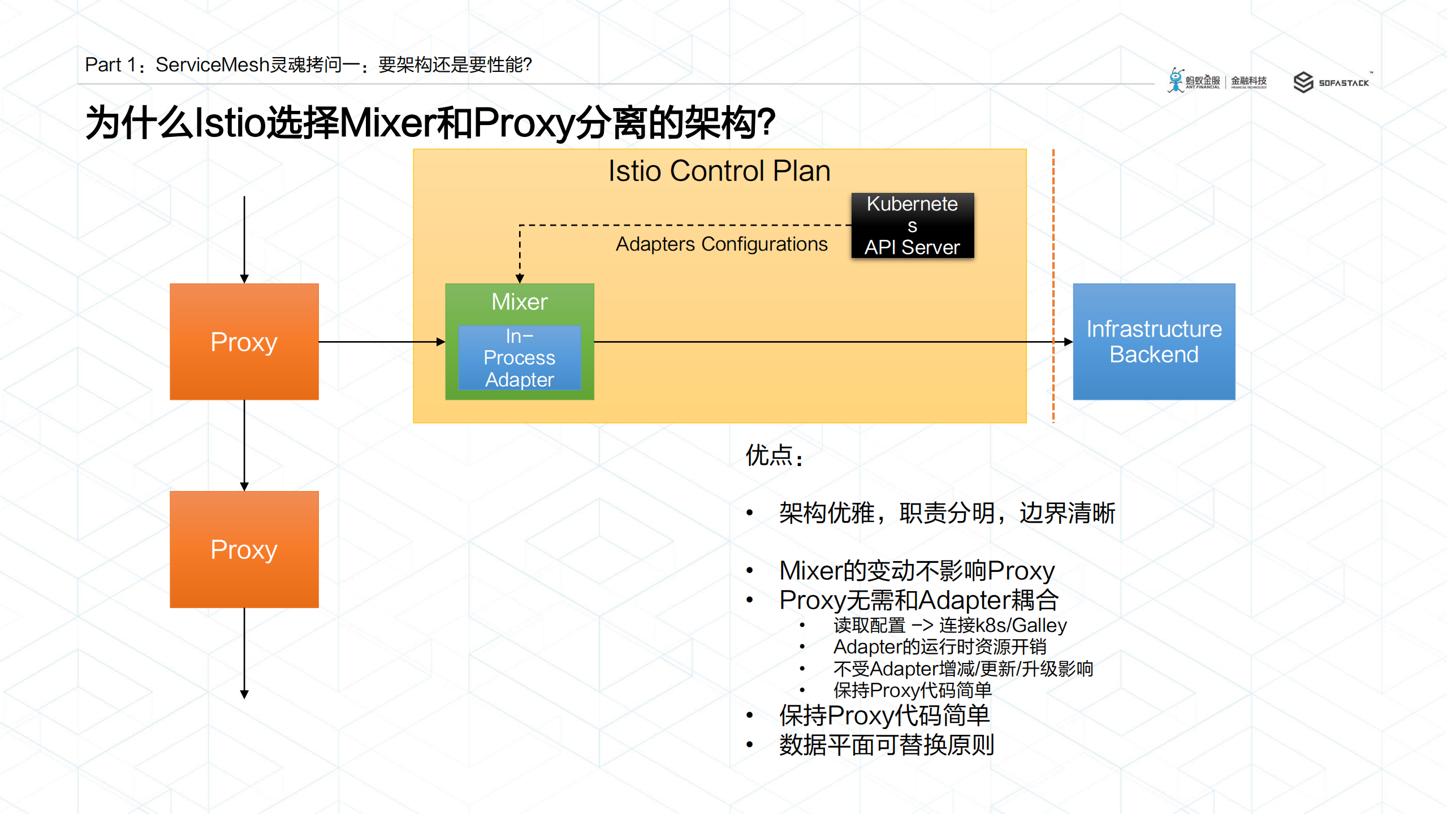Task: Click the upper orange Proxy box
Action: (x=244, y=342)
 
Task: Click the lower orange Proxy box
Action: (x=244, y=549)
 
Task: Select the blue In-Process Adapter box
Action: (x=519, y=358)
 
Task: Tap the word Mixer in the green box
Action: (x=519, y=302)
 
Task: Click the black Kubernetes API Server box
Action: (x=912, y=226)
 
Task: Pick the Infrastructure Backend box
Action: (x=1154, y=342)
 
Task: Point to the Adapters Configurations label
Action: (x=721, y=244)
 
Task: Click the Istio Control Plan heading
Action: (x=719, y=171)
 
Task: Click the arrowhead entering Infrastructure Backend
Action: (x=1068, y=342)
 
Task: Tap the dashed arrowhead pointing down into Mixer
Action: (x=520, y=278)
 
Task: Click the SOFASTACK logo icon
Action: (x=1303, y=83)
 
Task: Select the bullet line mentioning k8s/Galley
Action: (x=949, y=625)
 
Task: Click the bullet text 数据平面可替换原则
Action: (x=886, y=745)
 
